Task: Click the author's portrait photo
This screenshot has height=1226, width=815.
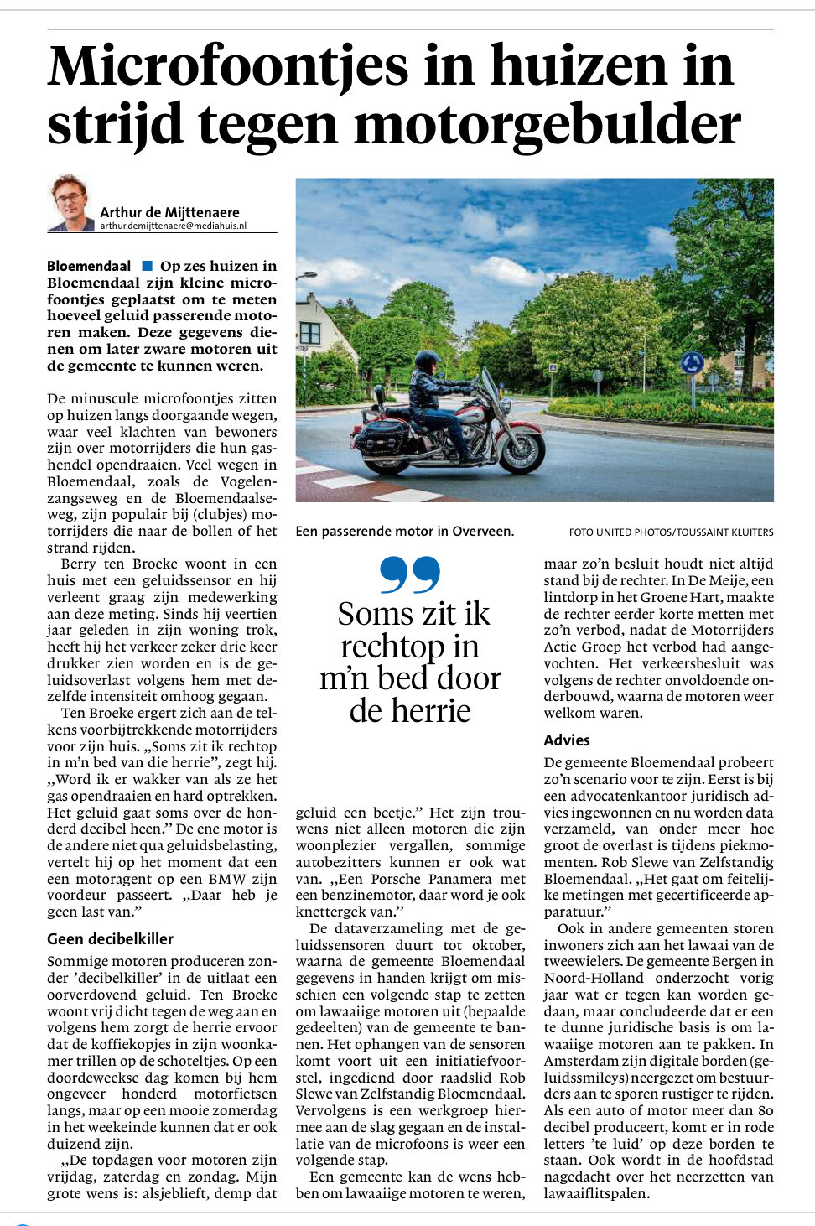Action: pyautogui.click(x=70, y=204)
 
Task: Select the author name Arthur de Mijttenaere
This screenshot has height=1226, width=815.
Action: pyautogui.click(x=169, y=212)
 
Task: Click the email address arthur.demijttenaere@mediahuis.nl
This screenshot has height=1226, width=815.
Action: pyautogui.click(x=173, y=226)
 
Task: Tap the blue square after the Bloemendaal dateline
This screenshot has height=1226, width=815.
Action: pyautogui.click(x=148, y=266)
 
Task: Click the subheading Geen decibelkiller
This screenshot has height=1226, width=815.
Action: pyautogui.click(x=110, y=938)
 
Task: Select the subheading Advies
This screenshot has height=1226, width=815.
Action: pyautogui.click(x=567, y=740)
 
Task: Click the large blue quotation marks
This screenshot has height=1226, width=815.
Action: pyautogui.click(x=410, y=574)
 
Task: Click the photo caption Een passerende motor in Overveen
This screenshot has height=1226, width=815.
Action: pyautogui.click(x=404, y=531)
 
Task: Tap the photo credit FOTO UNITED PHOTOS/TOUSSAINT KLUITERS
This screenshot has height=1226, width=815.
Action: pyautogui.click(x=671, y=532)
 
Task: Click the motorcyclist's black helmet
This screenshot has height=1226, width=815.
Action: pyautogui.click(x=428, y=361)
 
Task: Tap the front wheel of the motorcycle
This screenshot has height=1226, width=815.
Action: pyautogui.click(x=518, y=450)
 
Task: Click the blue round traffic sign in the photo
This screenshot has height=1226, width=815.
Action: pyautogui.click(x=692, y=363)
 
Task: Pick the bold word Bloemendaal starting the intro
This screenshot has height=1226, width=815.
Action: pyautogui.click(x=89, y=266)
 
